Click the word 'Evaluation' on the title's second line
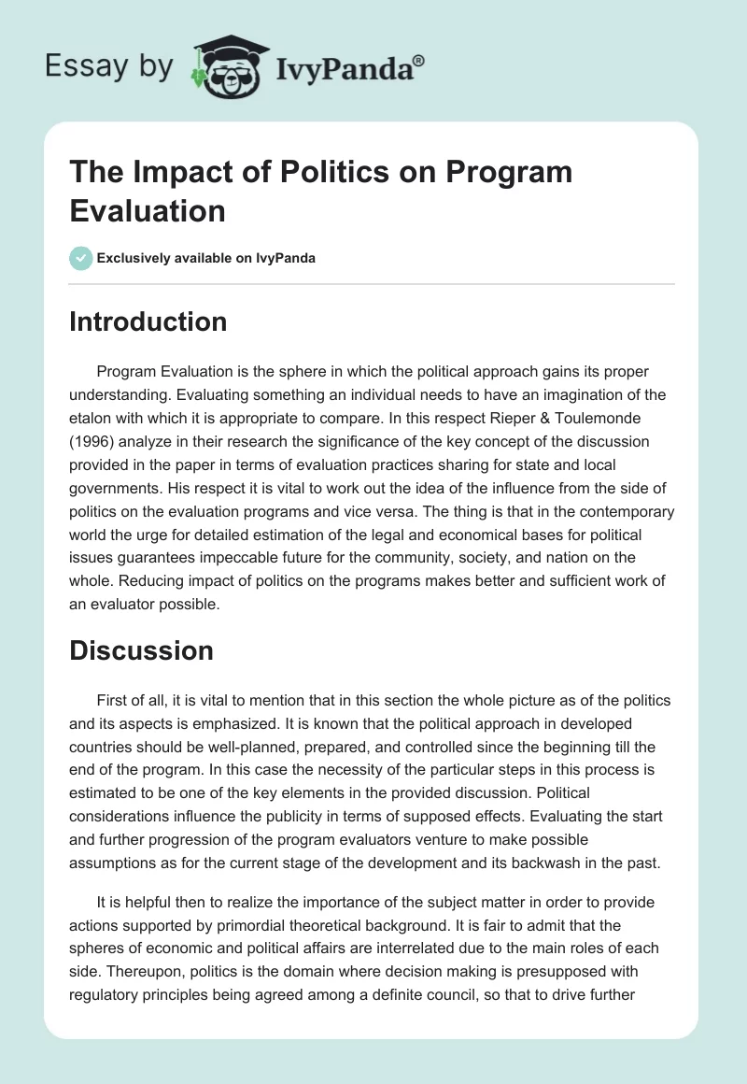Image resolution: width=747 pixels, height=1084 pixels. point(148,210)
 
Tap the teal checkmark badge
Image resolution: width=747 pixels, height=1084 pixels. point(81,258)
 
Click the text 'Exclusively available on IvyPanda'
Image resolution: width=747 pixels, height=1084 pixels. point(206,258)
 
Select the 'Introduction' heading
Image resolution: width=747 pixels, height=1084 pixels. point(148,321)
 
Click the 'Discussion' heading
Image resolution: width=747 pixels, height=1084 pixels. point(141,650)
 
